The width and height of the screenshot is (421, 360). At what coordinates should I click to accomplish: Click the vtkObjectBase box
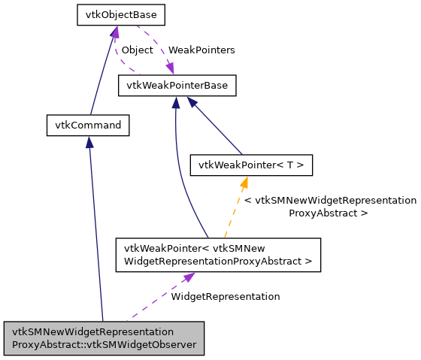[x=120, y=14]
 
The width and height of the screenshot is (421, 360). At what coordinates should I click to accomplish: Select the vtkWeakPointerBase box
[x=177, y=86]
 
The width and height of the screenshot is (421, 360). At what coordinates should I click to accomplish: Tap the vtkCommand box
[x=88, y=125]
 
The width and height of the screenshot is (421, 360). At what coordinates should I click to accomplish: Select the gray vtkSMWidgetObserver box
[x=104, y=338]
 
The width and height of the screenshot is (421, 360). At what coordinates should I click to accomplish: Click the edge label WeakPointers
[x=201, y=50]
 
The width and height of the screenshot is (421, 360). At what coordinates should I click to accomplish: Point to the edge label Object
[x=137, y=50]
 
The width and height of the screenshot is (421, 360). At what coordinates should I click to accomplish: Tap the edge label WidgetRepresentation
[x=225, y=296]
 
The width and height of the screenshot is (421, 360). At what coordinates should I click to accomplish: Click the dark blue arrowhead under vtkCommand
[x=89, y=142]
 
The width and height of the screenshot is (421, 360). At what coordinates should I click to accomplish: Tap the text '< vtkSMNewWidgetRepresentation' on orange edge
[x=330, y=201]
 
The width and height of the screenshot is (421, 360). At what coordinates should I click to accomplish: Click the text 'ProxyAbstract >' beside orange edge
[x=328, y=213]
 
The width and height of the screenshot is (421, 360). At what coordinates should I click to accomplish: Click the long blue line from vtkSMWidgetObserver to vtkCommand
[x=95, y=233]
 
